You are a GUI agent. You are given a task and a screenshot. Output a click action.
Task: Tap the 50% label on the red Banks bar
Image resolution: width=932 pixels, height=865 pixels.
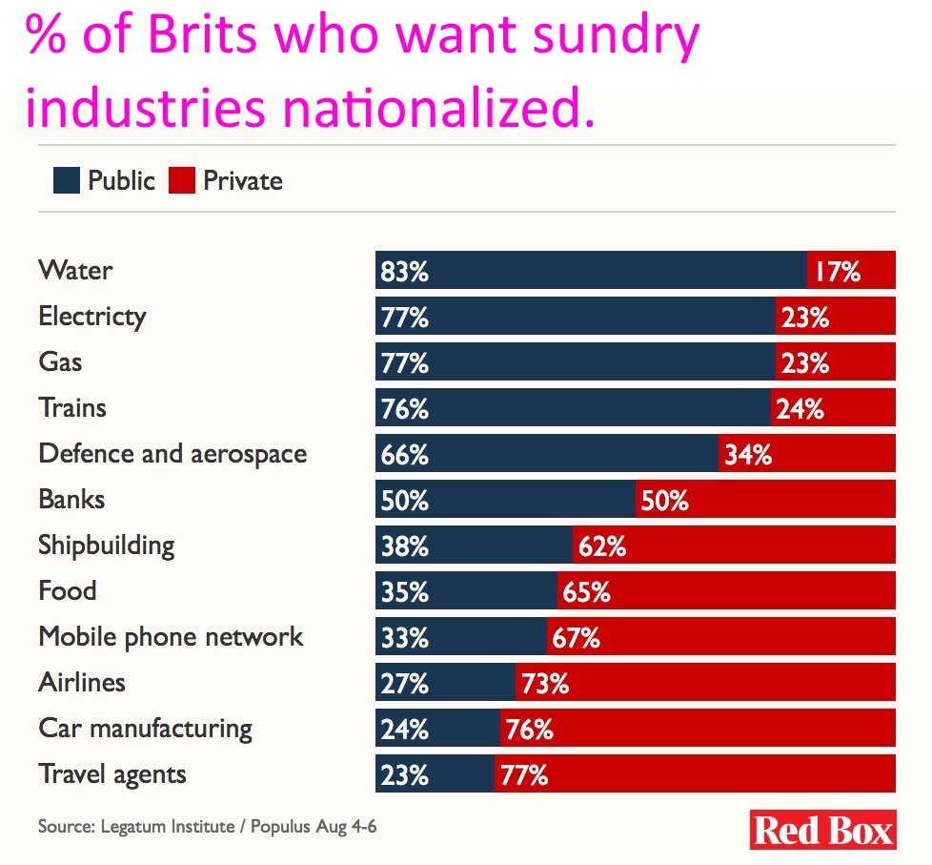point(664,500)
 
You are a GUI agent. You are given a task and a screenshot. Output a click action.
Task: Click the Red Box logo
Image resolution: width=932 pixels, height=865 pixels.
point(823,829)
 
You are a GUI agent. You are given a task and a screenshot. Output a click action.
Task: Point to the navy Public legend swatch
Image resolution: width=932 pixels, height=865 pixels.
point(66,180)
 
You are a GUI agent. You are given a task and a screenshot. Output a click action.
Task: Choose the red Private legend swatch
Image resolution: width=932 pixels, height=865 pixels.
point(181,180)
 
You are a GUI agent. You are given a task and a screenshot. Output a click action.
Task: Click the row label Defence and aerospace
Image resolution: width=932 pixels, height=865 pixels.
point(172,453)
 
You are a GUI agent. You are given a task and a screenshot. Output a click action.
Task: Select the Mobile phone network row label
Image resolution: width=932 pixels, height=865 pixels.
point(171,636)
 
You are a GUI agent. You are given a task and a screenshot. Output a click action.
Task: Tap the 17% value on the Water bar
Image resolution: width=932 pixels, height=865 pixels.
point(837,272)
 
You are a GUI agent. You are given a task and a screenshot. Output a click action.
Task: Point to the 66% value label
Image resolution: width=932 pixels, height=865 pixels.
point(404,455)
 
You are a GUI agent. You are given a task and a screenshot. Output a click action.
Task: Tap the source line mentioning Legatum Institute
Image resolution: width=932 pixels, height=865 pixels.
point(207,826)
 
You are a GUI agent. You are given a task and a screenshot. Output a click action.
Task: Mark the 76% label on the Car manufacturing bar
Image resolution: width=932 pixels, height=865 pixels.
point(530,730)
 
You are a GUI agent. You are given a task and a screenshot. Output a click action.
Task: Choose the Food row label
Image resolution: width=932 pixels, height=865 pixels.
point(68,590)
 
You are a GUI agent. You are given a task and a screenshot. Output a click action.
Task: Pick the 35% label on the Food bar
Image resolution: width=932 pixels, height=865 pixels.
point(404,592)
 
